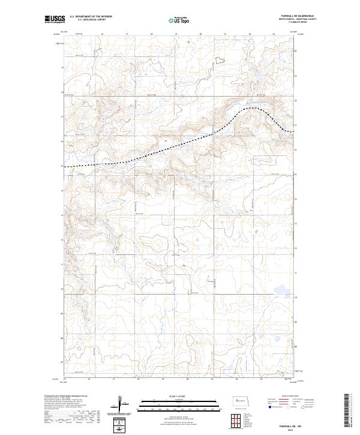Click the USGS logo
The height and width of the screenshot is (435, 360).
coord(55,20)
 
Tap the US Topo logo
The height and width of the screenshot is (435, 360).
coord(179,20)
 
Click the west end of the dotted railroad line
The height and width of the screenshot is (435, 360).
coord(66,166)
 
